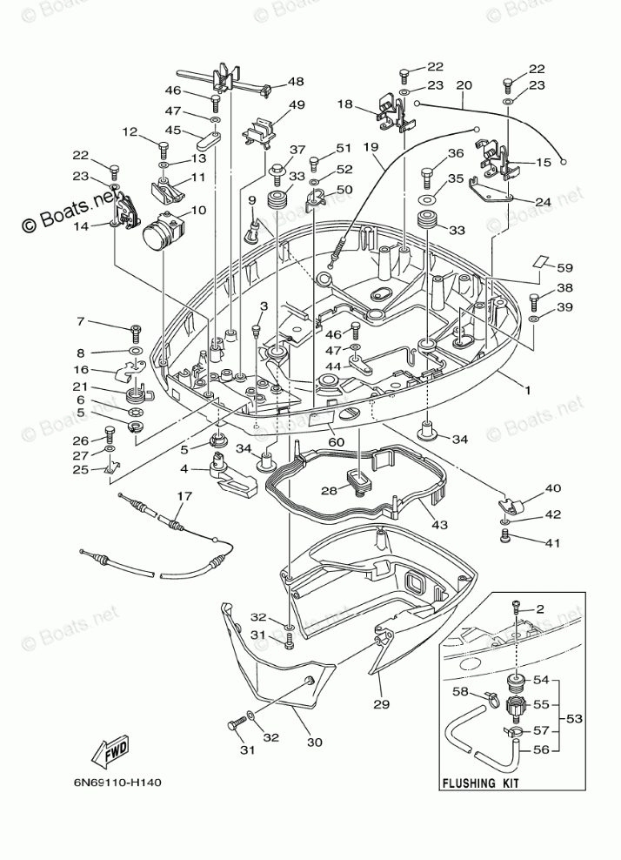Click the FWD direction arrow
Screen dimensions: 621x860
click(x=110, y=749)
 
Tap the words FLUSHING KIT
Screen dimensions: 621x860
click(x=481, y=783)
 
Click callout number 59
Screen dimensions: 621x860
click(x=565, y=267)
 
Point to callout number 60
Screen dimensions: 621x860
click(x=336, y=442)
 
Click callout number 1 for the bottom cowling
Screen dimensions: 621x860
click(x=528, y=390)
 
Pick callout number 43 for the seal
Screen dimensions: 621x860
click(x=439, y=525)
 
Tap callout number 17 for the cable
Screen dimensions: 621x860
click(x=184, y=496)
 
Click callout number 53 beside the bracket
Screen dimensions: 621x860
click(x=575, y=718)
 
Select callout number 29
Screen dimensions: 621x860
click(x=382, y=703)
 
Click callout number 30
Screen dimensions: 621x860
click(x=315, y=742)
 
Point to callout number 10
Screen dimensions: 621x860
click(x=197, y=210)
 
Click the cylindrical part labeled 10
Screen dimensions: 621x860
click(x=162, y=232)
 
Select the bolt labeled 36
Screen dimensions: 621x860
click(x=428, y=178)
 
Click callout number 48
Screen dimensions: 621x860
click(x=296, y=81)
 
